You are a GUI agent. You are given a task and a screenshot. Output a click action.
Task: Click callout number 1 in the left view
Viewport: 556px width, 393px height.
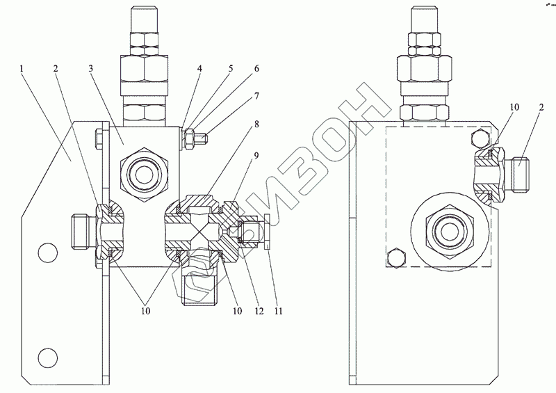(x=22, y=68)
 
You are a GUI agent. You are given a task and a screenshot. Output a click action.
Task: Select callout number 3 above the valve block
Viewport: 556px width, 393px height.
(x=90, y=68)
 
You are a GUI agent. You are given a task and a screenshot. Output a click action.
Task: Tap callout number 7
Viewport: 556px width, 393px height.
(x=256, y=96)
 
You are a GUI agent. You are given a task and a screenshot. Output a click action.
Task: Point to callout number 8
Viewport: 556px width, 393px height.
(x=256, y=125)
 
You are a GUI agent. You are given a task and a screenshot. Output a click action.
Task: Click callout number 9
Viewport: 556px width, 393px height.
(x=256, y=156)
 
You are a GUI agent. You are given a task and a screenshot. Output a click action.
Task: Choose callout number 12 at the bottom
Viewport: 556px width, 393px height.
(x=259, y=311)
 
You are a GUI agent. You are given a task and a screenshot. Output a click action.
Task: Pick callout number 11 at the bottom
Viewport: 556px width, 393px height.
(x=279, y=311)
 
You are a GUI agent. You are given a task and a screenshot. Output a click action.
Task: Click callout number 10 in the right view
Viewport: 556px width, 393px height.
(x=514, y=107)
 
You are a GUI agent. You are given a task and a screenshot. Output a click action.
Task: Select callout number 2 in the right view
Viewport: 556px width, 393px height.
(x=541, y=107)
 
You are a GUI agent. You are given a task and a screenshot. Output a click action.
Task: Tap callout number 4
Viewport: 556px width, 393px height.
(x=199, y=68)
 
